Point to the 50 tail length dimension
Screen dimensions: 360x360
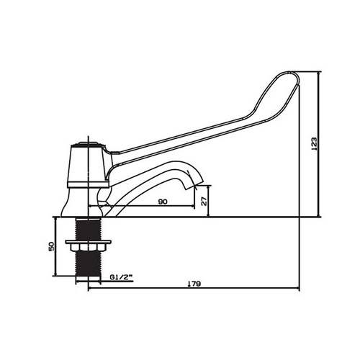click(x=51, y=246)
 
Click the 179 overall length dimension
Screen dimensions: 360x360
click(x=192, y=284)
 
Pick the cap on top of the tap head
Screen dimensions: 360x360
click(x=87, y=143)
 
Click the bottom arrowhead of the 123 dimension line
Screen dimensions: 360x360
click(x=319, y=214)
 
